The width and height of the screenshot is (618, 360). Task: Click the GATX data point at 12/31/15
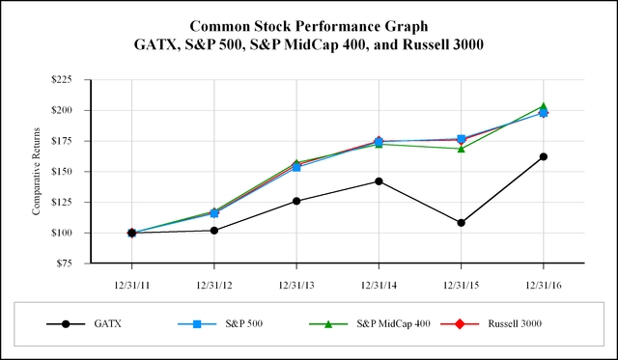[461, 223]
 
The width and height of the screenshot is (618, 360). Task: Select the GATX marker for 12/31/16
[544, 156]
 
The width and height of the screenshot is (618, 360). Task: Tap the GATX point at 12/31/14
[379, 181]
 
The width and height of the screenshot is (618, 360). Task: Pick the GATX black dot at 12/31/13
[296, 201]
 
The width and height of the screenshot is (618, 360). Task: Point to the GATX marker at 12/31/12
[214, 230]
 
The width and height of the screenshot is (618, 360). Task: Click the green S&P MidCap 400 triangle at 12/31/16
[544, 106]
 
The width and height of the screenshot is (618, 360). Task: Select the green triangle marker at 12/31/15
[461, 149]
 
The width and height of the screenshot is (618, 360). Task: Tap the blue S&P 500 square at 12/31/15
[461, 139]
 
